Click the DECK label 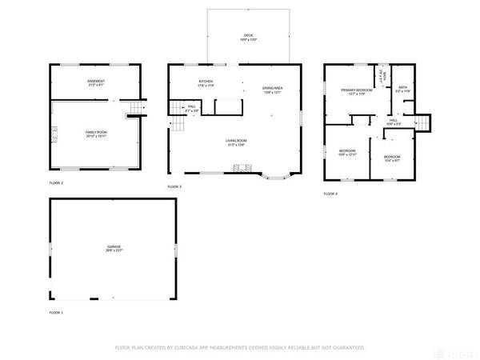point(248,37)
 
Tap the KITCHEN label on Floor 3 point(206,83)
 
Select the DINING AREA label point(273,89)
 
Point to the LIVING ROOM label point(236,142)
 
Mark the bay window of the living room point(277,174)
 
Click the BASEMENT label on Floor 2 point(96,83)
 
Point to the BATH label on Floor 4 point(403,89)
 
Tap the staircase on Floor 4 point(421,122)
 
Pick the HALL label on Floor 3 point(192,108)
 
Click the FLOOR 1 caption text point(56,312)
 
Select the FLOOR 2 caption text point(56,183)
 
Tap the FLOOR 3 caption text point(174,186)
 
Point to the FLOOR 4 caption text point(330,194)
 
